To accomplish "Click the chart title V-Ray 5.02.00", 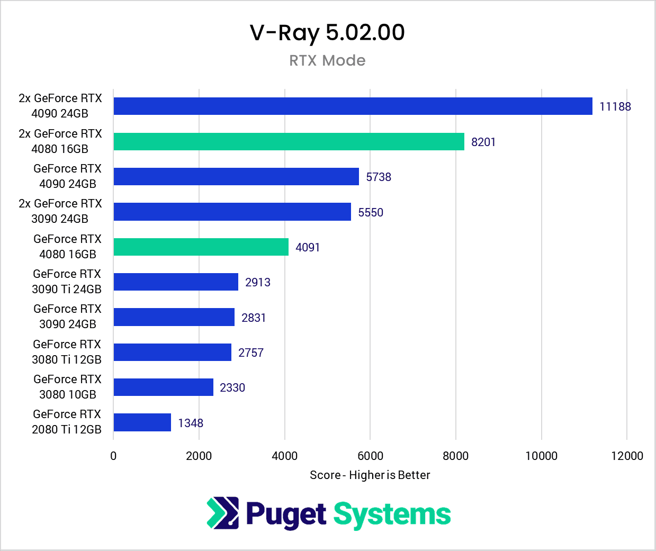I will pyautogui.click(x=327, y=33).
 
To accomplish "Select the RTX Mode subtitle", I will pyautogui.click(x=327, y=60).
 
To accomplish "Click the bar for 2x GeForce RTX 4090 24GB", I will pyautogui.click(x=353, y=106).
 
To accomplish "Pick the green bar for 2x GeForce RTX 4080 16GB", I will pyautogui.click(x=289, y=141).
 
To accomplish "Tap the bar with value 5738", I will pyautogui.click(x=236, y=177).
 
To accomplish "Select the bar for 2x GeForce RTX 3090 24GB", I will pyautogui.click(x=232, y=212).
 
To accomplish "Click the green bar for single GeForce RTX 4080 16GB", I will pyautogui.click(x=201, y=247).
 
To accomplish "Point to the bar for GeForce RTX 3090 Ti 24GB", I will pyautogui.click(x=176, y=282).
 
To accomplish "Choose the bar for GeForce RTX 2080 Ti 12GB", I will pyautogui.click(x=142, y=422).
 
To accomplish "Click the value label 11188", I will pyautogui.click(x=615, y=106).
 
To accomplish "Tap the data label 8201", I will pyautogui.click(x=483, y=142).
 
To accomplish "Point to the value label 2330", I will pyautogui.click(x=232, y=388).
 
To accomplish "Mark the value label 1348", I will pyautogui.click(x=191, y=423).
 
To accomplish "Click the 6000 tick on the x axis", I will pyautogui.click(x=370, y=456).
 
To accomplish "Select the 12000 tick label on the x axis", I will pyautogui.click(x=627, y=456).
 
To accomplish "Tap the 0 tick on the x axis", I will pyautogui.click(x=113, y=456).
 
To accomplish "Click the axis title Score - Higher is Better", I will pyautogui.click(x=370, y=475).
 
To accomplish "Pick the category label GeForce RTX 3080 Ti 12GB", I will pyautogui.click(x=67, y=352).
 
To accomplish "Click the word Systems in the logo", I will pyautogui.click(x=392, y=514).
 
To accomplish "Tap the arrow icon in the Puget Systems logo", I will pyautogui.click(x=223, y=513).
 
